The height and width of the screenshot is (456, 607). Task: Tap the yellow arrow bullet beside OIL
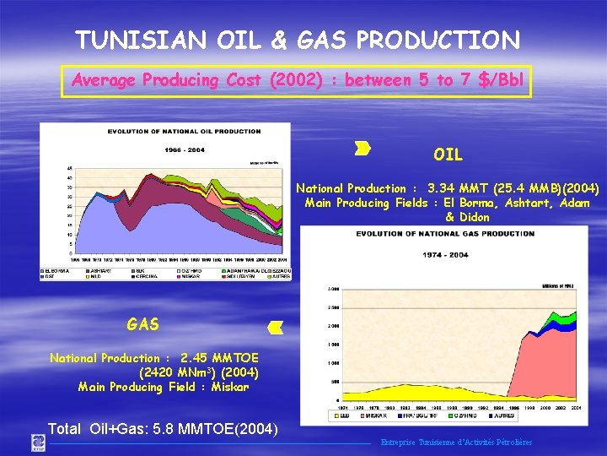click(x=363, y=149)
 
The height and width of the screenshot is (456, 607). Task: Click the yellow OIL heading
click(x=448, y=155)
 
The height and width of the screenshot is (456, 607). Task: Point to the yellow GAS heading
click(x=142, y=324)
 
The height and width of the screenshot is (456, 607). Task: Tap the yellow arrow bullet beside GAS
click(x=275, y=327)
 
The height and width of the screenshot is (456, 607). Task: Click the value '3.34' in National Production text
click(x=443, y=188)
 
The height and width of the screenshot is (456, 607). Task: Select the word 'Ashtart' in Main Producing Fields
click(x=514, y=203)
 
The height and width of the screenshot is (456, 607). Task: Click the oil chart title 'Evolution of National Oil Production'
click(x=184, y=132)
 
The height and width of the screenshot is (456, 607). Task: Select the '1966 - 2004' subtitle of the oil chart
click(x=184, y=149)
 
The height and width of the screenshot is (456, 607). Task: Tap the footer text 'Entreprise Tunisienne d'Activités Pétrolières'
click(x=456, y=442)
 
